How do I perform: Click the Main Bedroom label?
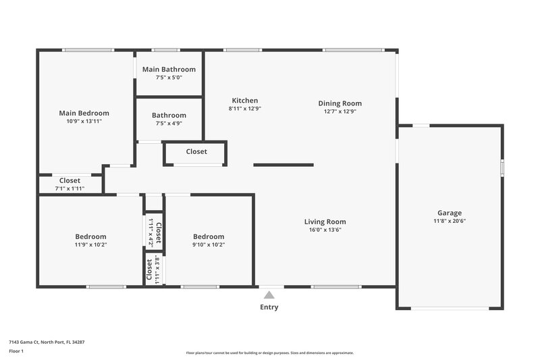pos(84,113)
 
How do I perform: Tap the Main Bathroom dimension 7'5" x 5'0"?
pos(169,78)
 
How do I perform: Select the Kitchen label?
pos(244,101)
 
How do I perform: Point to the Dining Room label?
pos(340,103)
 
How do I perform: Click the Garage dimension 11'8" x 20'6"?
pos(449,222)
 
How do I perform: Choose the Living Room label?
pos(325,222)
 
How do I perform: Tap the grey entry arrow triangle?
pos(269,294)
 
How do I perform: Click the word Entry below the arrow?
pos(269,307)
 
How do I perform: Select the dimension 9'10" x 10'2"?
pos(209,245)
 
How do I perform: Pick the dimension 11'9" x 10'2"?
pos(90,245)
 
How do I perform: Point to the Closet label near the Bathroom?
pos(196,152)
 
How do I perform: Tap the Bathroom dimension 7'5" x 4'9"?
pos(169,124)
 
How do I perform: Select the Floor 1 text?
pos(17,352)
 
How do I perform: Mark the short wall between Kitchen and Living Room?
pos(283,165)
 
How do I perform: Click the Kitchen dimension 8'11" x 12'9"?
pos(244,109)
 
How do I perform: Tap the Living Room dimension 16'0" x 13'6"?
pos(325,230)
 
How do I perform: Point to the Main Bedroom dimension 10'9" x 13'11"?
pos(84,122)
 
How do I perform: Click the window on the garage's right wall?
pos(502,168)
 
